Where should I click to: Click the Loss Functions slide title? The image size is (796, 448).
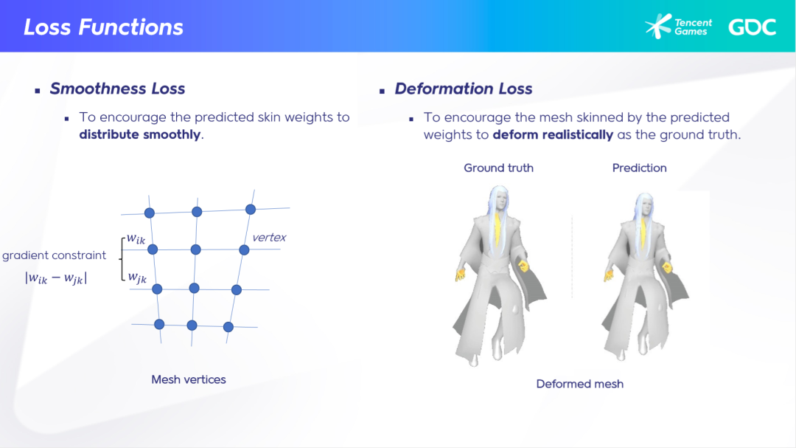point(104,27)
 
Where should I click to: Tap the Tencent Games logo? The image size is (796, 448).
point(678,27)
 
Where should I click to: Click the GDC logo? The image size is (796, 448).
point(753,27)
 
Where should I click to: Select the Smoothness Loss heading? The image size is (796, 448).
point(117,89)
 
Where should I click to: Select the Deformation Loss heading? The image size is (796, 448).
point(464,89)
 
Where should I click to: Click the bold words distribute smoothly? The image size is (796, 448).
point(140,134)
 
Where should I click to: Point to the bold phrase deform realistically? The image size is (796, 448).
point(553,135)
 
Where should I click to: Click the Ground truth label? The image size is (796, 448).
point(498,168)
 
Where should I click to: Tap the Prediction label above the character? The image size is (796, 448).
point(639,168)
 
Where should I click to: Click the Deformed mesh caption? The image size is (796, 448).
point(580,384)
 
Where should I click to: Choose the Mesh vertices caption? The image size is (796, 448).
point(189,379)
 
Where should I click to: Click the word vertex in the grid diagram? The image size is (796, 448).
point(269,238)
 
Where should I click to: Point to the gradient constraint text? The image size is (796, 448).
point(55,255)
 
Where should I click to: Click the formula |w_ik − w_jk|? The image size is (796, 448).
point(56,278)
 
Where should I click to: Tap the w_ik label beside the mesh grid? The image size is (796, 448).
point(136,238)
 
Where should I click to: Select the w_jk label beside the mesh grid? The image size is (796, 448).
point(137,277)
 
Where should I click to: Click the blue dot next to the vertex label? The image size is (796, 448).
point(244,249)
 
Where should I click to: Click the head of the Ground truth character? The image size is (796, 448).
point(500,200)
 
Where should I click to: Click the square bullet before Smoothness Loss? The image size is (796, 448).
point(38,91)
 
